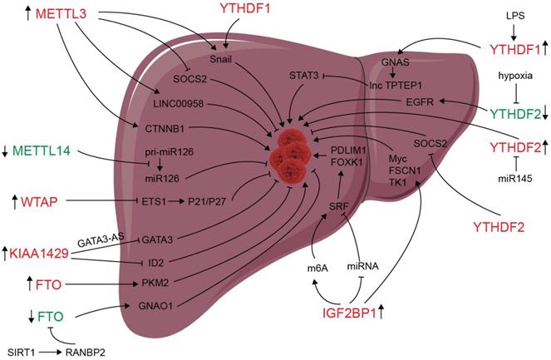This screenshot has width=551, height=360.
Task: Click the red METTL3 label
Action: click(x=63, y=16)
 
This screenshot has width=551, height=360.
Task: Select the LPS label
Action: click(x=514, y=13)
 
